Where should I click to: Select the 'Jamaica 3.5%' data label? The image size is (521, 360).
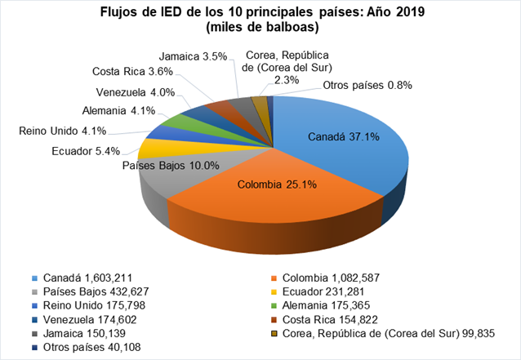click(x=194, y=57)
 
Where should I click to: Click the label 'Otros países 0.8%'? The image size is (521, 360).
click(x=367, y=85)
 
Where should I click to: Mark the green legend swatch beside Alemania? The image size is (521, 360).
click(x=277, y=305)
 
